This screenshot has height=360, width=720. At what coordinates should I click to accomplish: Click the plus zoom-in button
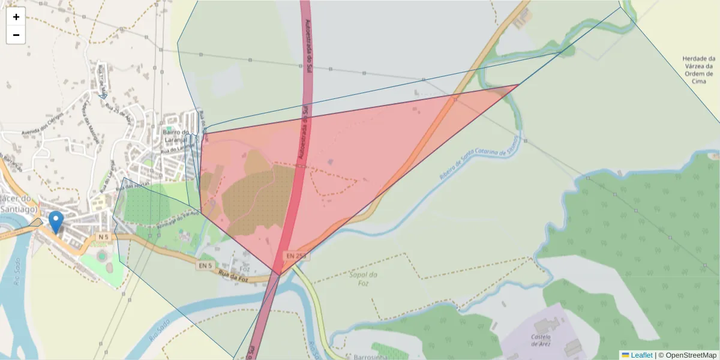tap(16, 17)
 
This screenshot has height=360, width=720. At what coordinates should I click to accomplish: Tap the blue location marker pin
tap(56, 221)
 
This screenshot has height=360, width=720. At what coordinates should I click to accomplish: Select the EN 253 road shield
tap(296, 256)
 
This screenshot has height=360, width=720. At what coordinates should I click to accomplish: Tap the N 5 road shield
tap(103, 237)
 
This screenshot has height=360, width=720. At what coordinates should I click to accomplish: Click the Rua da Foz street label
tap(233, 276)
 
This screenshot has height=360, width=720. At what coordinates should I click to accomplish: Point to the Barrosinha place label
tap(374, 355)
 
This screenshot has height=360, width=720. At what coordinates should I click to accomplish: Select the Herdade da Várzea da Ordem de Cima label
tap(699, 70)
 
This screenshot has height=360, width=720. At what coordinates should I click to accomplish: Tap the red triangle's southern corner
tap(280, 275)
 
